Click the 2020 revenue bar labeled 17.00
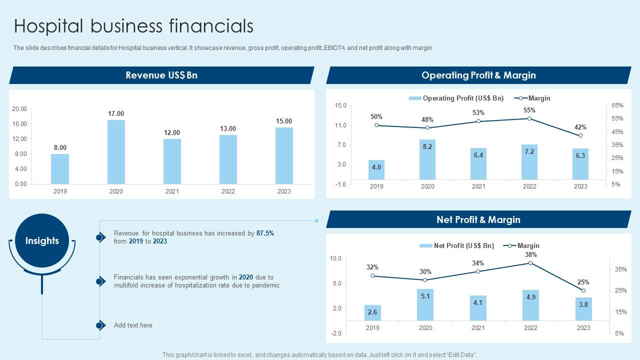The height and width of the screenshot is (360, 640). tap(116, 151)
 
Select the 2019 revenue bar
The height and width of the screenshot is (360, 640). tap(60, 168)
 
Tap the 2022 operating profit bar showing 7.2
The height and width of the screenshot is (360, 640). tap(529, 162)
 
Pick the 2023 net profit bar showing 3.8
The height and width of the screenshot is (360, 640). tap(583, 309)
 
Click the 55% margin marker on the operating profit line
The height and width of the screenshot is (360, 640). tap(529, 118)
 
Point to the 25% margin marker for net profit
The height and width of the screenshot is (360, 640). tap(583, 290)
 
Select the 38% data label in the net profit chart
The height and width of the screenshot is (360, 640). tap(530, 255)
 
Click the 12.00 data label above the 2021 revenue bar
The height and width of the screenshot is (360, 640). tap(172, 132)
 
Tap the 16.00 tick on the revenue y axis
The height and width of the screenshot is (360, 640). tap(19, 124)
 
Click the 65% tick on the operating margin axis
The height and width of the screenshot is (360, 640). tap(617, 105)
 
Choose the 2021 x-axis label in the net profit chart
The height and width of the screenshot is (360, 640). tap(478, 328)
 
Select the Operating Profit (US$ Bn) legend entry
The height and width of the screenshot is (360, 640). tap(456, 98)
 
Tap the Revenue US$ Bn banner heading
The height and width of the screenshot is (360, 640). tap(161, 75)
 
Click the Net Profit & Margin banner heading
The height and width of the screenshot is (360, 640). tap(478, 219)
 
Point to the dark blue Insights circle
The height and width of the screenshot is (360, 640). tap(42, 241)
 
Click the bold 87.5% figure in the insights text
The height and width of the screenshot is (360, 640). tap(265, 233)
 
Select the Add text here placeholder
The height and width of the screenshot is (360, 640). tap(133, 325)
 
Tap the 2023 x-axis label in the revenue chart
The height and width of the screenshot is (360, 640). tap(284, 191)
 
